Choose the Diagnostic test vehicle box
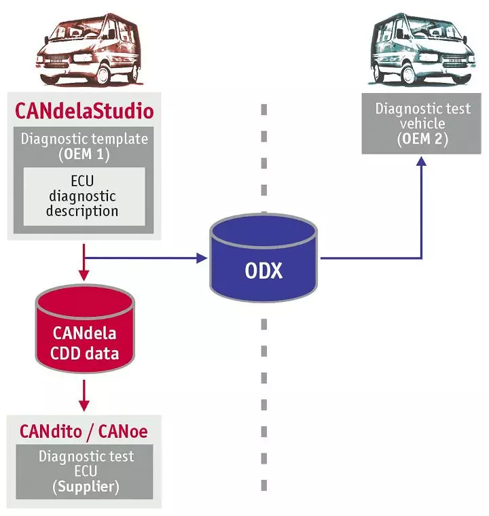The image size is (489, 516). click(x=423, y=125)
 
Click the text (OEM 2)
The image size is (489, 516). click(x=423, y=139)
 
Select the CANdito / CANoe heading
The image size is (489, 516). click(x=84, y=431)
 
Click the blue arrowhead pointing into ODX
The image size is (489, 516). click(x=202, y=258)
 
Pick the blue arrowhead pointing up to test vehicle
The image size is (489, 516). click(x=422, y=162)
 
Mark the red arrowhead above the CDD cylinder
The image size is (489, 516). click(x=84, y=275)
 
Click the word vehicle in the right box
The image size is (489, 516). click(x=423, y=124)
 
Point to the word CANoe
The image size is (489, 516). click(x=123, y=431)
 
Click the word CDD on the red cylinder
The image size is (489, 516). click(x=65, y=354)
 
